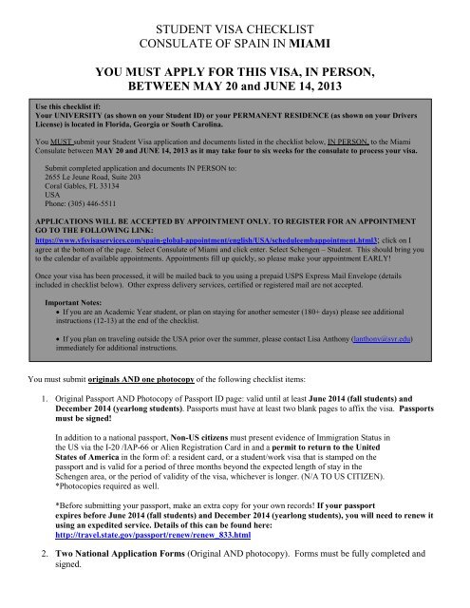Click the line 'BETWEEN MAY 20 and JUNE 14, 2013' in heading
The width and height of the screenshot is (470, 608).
point(235,92)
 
